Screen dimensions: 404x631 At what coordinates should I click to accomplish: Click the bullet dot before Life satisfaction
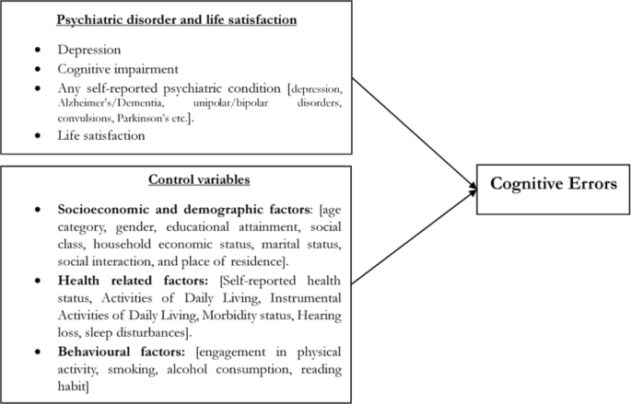37,136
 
